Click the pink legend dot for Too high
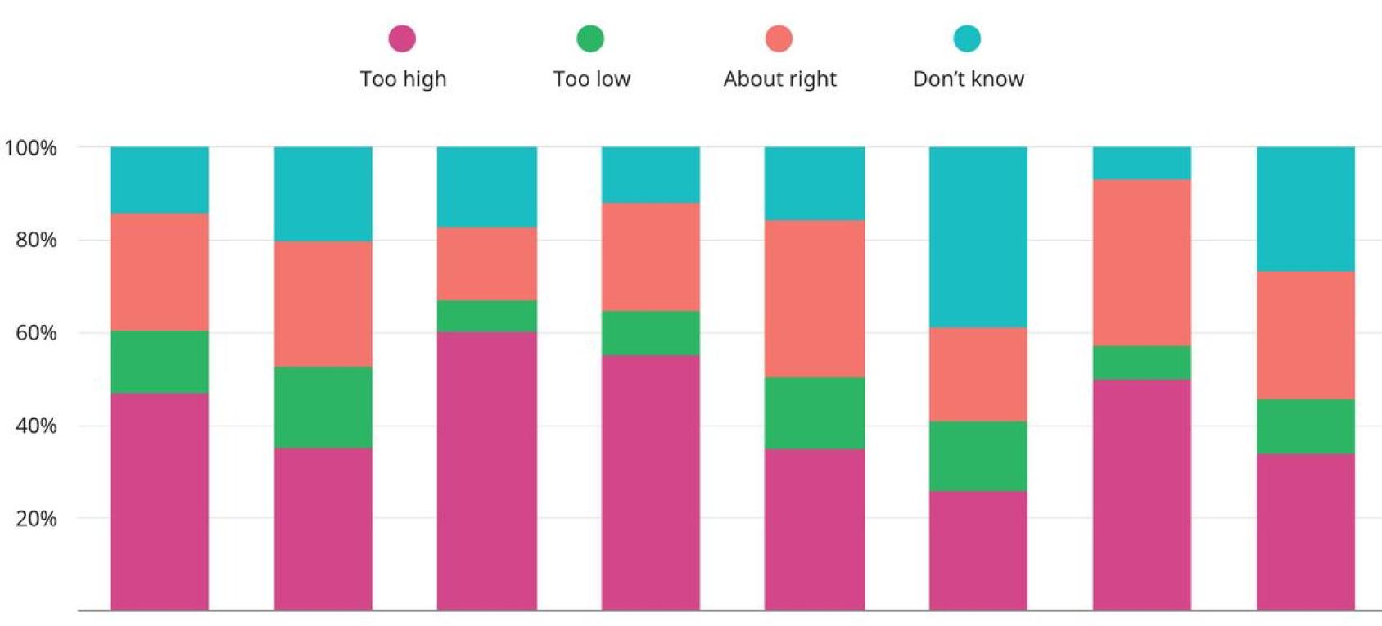[402, 38]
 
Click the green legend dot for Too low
[590, 38]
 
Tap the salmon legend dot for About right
[779, 38]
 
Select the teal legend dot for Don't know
[967, 38]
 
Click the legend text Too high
[403, 79]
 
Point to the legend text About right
[779, 79]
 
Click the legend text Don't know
[968, 79]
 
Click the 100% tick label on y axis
[31, 148]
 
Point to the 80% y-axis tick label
[36, 240]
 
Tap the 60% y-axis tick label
[36, 333]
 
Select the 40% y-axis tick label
[36, 426]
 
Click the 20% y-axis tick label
[36, 519]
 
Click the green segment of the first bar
[160, 362]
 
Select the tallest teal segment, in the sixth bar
[978, 237]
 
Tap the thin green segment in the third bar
[487, 316]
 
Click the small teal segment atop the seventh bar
[1141, 164]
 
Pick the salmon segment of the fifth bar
[814, 299]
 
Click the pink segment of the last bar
[1305, 532]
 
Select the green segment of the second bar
[323, 407]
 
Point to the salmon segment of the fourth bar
[651, 257]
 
